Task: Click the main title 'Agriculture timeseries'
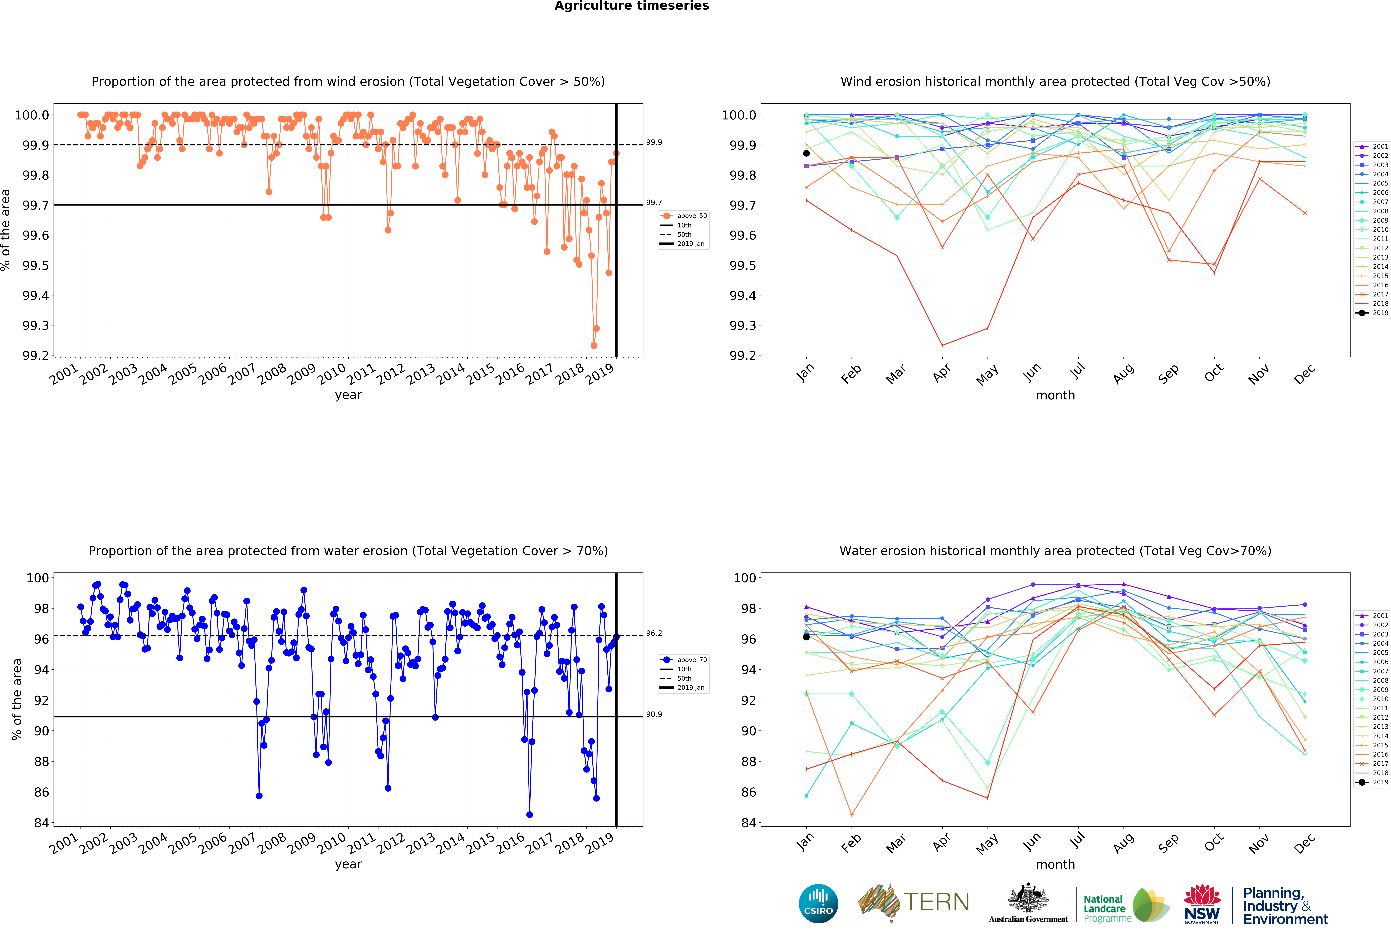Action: click(x=631, y=6)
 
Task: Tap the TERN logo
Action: click(x=914, y=902)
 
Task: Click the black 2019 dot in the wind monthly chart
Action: click(x=806, y=153)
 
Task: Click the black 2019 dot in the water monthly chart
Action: click(x=806, y=637)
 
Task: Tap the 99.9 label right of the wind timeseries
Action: click(x=654, y=142)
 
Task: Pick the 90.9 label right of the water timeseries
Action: click(x=654, y=714)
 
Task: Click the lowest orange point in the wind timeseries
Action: click(x=594, y=345)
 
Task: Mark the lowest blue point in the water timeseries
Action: click(x=529, y=814)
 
